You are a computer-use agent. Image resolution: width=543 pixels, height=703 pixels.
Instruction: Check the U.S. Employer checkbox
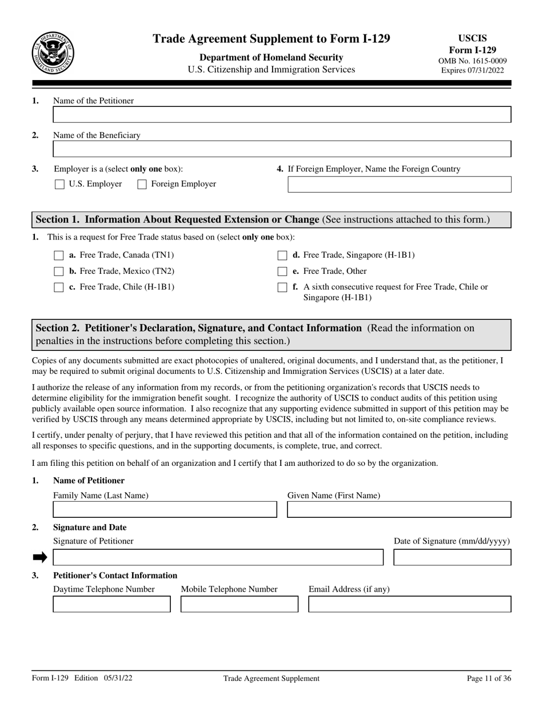click(59, 185)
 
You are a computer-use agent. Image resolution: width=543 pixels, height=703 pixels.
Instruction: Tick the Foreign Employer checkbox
click(142, 185)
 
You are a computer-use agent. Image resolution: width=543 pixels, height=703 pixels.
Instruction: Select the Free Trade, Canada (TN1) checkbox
click(58, 255)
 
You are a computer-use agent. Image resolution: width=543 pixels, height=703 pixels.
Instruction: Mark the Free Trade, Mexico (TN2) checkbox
click(58, 271)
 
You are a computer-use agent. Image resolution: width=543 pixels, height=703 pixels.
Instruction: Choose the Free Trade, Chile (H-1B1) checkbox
click(58, 287)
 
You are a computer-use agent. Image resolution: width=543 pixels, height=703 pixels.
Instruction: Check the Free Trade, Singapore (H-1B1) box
click(282, 255)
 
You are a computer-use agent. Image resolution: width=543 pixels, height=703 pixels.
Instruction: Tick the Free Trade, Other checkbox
click(282, 271)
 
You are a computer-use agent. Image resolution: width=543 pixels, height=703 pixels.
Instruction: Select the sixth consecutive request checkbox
click(282, 287)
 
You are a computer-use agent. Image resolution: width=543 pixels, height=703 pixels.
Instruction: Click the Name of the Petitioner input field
click(282, 115)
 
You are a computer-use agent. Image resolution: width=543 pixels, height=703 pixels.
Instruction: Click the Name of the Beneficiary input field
click(282, 150)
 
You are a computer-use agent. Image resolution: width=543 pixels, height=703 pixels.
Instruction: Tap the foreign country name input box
click(399, 185)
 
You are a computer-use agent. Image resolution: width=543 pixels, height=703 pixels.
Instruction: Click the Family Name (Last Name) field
click(165, 510)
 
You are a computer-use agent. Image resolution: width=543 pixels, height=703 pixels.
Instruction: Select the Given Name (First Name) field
click(399, 510)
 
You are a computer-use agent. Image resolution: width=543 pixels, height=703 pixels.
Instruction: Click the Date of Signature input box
click(452, 558)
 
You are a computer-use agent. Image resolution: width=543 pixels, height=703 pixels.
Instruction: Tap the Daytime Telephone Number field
click(111, 605)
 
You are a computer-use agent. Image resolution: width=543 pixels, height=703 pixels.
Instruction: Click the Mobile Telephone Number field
click(239, 605)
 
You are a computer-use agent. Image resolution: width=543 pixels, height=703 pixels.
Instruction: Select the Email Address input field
click(410, 605)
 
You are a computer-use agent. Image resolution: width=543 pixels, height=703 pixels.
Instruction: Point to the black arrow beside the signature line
click(40, 558)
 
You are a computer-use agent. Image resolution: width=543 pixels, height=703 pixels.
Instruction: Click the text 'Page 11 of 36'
click(489, 678)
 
